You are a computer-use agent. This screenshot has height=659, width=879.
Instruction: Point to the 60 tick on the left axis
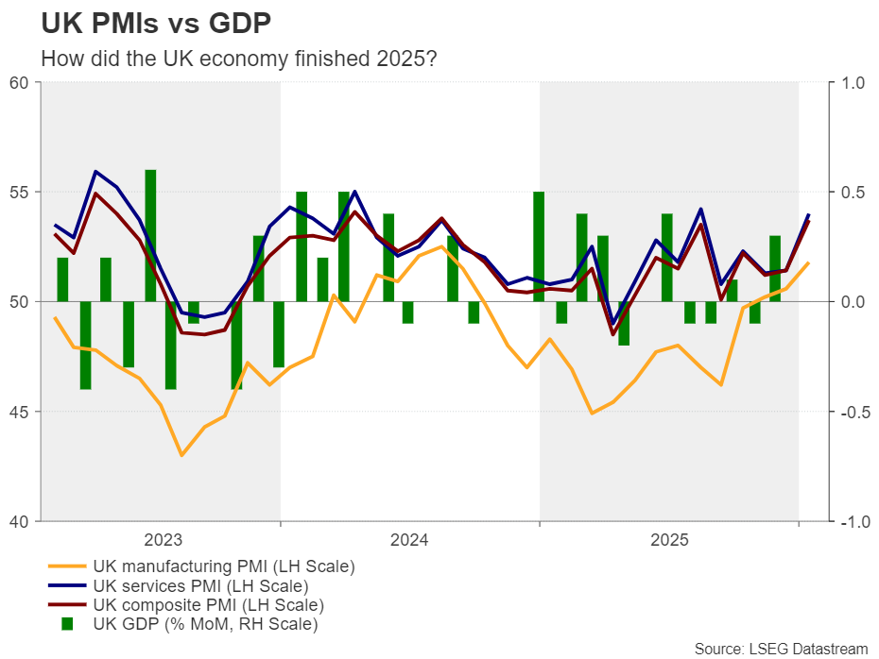[19, 83]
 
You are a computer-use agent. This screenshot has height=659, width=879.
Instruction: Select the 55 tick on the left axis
[19, 193]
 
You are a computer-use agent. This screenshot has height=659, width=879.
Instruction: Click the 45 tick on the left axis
[19, 412]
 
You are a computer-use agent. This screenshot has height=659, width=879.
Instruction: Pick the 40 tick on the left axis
[19, 521]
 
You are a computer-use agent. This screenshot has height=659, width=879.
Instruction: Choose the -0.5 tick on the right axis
[850, 412]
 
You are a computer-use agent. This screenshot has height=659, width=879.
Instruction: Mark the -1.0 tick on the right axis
[850, 521]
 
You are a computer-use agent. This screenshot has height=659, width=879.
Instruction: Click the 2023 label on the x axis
[163, 541]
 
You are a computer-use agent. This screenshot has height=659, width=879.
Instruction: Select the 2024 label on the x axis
[409, 541]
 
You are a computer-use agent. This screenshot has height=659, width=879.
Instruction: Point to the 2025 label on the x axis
[669, 541]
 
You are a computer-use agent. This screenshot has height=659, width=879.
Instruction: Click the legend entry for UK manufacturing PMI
[223, 567]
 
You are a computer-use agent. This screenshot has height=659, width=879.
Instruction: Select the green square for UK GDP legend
[67, 623]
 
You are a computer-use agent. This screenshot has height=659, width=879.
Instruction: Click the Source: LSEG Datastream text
[781, 648]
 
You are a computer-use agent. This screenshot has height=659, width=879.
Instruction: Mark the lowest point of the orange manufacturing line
[181, 455]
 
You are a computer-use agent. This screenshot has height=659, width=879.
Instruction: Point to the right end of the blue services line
[808, 215]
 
